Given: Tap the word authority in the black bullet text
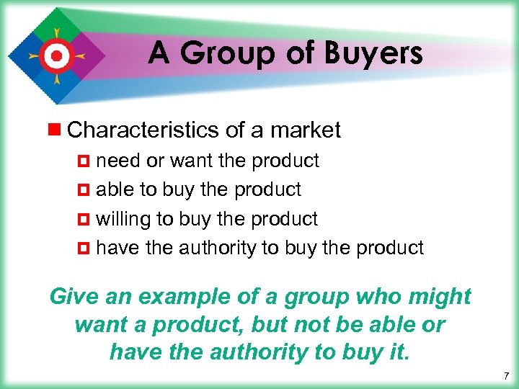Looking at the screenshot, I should point(217,248).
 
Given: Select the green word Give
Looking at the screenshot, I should point(71,296).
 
